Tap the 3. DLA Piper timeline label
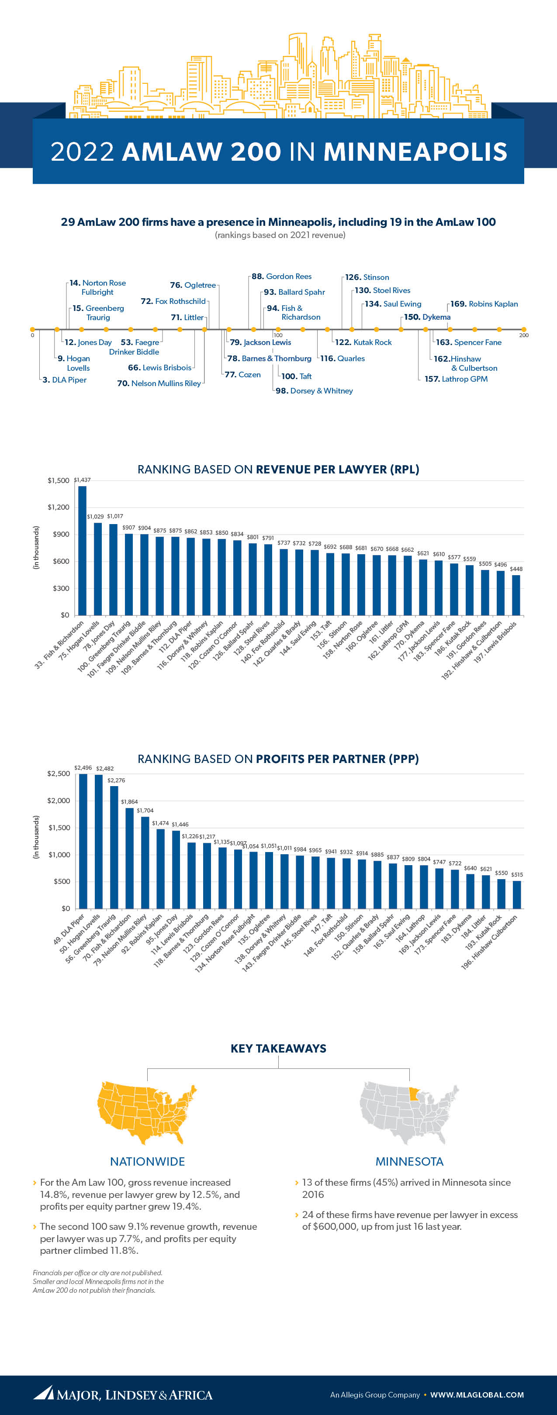click(x=64, y=380)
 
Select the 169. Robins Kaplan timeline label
click(x=484, y=304)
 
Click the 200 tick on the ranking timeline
click(x=523, y=335)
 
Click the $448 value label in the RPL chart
click(x=516, y=569)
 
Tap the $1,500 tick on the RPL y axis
click(x=58, y=481)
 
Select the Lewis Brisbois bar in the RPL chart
click(x=516, y=595)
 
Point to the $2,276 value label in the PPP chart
click(x=116, y=780)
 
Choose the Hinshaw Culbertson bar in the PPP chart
click(x=517, y=894)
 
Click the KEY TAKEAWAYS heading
click(x=279, y=1048)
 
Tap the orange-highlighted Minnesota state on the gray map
click(x=417, y=1093)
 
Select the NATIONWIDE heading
click(x=147, y=1161)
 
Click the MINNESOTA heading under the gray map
click(x=409, y=1161)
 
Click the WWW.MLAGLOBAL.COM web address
click(x=477, y=1394)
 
